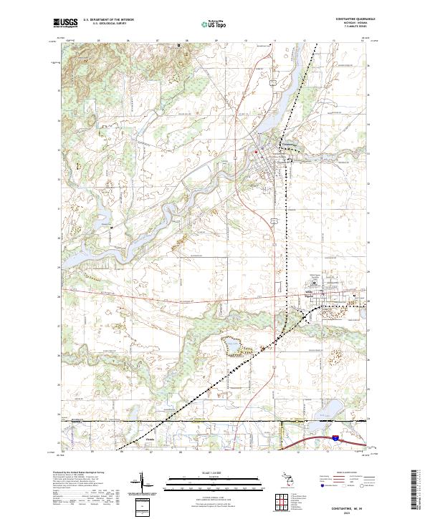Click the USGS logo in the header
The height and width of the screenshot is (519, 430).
(65, 23)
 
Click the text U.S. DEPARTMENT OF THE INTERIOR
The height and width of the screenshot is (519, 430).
(108, 20)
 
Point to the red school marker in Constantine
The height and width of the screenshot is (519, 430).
(256, 152)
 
